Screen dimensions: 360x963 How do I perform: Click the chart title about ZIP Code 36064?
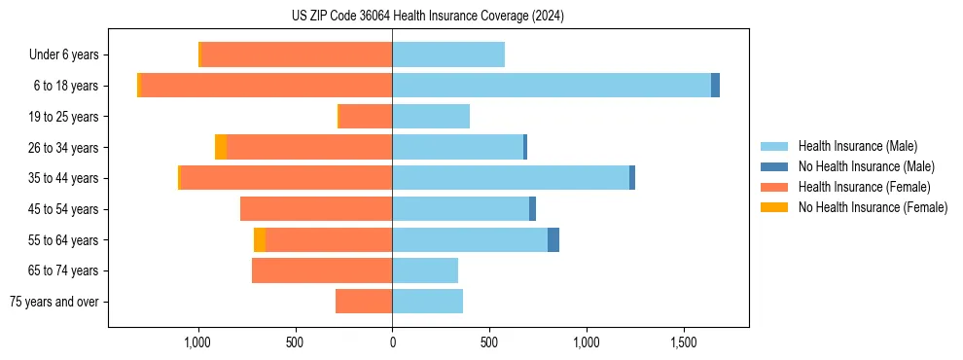[428, 17]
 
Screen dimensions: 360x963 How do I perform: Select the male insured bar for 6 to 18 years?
[552, 86]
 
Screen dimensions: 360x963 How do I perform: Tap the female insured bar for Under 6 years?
[297, 54]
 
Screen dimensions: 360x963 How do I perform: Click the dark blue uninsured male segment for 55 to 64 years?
[553, 240]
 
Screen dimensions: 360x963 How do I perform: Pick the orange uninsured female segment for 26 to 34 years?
[221, 147]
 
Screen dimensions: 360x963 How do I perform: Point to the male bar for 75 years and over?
[428, 302]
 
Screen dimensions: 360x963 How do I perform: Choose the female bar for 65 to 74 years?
[322, 270]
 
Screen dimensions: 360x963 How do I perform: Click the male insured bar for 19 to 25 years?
[431, 117]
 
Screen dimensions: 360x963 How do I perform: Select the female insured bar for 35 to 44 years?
[287, 178]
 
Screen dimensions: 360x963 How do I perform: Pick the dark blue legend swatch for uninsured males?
[774, 166]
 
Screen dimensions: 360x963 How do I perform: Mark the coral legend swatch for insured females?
[774, 187]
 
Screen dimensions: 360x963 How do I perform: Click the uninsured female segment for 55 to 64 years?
[260, 240]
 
